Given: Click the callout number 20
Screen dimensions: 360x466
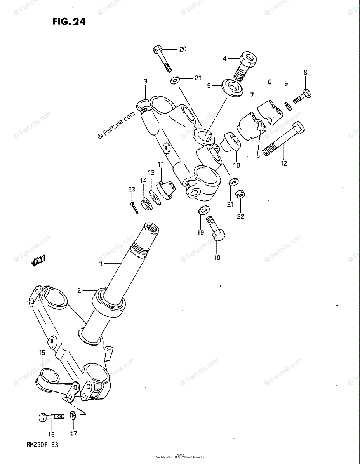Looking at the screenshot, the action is coord(182,49).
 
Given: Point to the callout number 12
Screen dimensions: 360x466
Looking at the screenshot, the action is coord(284,163).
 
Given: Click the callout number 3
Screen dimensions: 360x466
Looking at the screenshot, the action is coord(146,82).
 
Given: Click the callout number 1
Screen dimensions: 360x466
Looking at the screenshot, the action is coord(101,264).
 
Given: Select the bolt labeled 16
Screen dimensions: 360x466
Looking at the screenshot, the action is coord(51,417).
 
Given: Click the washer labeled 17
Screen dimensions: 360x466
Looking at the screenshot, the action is coord(73,416).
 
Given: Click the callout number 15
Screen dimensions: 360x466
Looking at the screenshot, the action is coord(42,353).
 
